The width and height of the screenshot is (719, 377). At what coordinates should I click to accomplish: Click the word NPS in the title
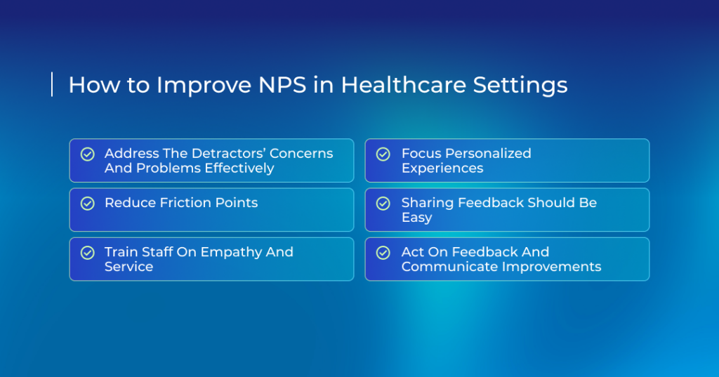click(282, 85)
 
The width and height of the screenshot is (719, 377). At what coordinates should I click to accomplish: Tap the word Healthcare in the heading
click(403, 85)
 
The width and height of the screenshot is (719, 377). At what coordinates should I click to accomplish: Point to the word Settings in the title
click(520, 86)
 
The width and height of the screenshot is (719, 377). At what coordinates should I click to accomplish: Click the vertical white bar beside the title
click(52, 84)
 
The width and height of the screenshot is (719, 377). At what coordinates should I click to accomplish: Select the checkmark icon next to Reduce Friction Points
click(88, 203)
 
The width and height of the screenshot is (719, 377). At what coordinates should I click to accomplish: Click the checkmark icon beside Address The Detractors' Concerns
click(88, 154)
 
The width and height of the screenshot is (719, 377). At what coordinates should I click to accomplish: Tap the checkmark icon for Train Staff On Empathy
click(88, 253)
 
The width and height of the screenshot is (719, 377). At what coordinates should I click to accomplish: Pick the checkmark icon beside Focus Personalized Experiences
click(383, 154)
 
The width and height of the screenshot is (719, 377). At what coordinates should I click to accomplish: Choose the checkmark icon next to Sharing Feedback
click(383, 203)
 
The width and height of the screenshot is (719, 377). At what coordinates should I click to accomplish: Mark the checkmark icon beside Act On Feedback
click(383, 253)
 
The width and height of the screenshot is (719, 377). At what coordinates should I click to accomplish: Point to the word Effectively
click(239, 168)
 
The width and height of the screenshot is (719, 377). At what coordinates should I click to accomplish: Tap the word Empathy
click(230, 253)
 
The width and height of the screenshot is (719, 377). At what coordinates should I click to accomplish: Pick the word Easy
click(417, 218)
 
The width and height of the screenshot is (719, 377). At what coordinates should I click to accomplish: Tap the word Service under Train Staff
click(129, 267)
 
